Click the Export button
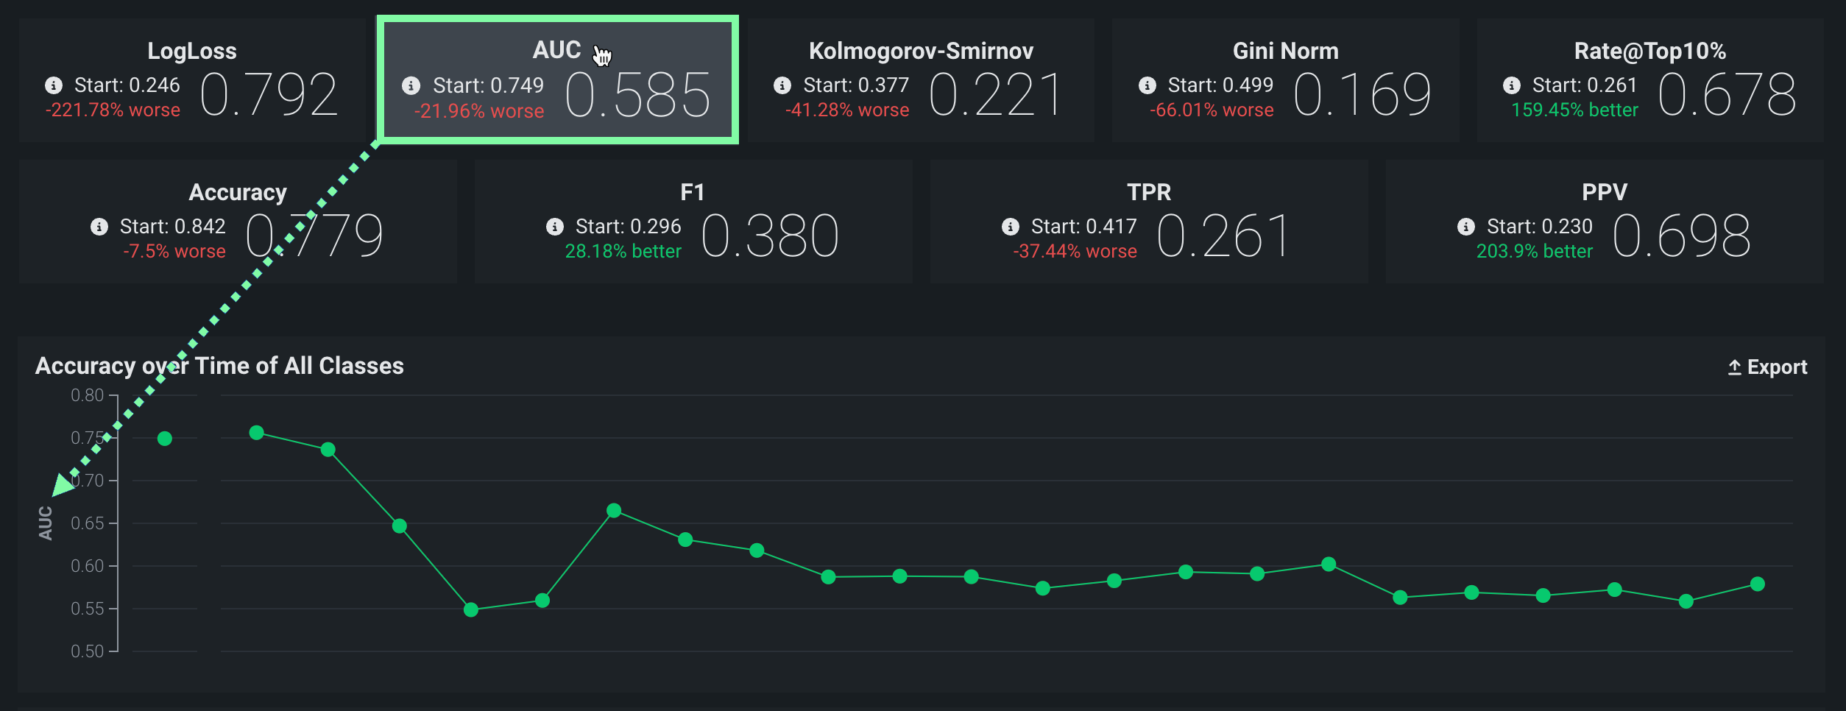tap(1767, 367)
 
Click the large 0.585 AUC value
tap(638, 96)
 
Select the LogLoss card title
tap(192, 51)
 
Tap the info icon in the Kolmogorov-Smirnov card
tap(782, 85)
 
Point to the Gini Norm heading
tap(1285, 51)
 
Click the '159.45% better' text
tap(1574, 110)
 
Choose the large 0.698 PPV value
tap(1681, 236)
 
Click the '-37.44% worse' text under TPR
tap(1075, 252)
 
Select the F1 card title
tap(692, 192)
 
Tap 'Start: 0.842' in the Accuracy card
tap(172, 227)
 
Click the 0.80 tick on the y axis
tap(87, 395)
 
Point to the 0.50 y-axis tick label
tap(87, 651)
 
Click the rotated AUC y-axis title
tap(46, 523)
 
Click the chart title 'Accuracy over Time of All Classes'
tap(219, 366)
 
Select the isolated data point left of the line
tap(165, 439)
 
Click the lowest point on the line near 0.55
tap(471, 609)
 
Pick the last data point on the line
tap(1758, 584)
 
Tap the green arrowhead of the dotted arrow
tap(62, 485)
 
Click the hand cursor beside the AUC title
tap(602, 55)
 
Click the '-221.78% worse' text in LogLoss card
tap(113, 110)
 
